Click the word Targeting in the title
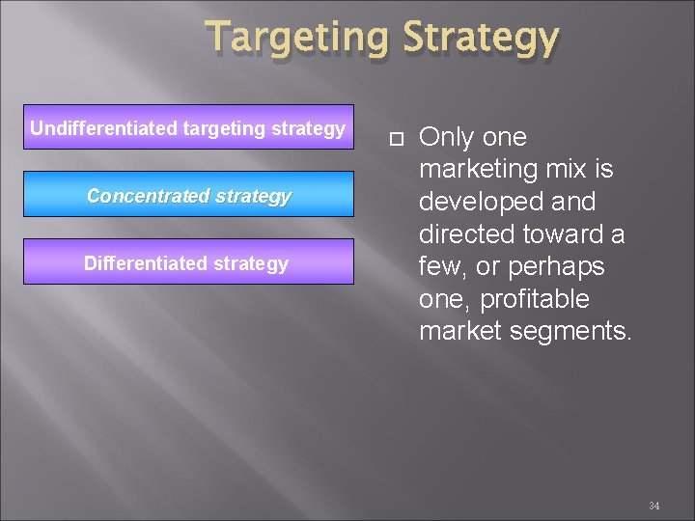point(294,39)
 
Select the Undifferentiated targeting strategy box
point(188,128)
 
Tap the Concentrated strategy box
point(188,196)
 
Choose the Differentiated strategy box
point(188,263)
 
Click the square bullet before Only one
point(391,139)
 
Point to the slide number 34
point(653,505)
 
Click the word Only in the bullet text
point(446,138)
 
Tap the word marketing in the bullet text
point(479,171)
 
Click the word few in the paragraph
point(441,267)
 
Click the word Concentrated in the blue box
point(146,196)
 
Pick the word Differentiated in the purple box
point(138,263)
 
